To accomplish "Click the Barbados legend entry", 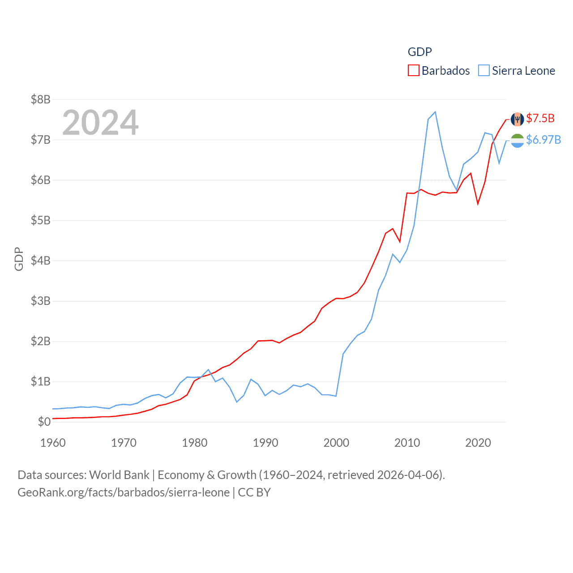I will (439, 71).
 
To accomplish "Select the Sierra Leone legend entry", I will (517, 71).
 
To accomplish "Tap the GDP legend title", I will (419, 52).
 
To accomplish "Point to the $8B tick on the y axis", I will (40, 99).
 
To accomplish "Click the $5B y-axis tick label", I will (40, 220).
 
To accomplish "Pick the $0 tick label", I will (44, 422).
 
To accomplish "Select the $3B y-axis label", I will (40, 301).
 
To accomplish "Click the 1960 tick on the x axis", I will (53, 443).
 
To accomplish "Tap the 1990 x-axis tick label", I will (265, 443).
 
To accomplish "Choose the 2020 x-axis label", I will (478, 443).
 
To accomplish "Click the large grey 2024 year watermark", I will (100, 122).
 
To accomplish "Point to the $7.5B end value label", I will (540, 118).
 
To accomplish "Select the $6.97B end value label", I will (543, 140).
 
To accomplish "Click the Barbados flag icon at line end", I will (517, 120).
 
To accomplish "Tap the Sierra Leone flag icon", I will (517, 141).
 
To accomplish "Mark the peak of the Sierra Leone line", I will (435, 112).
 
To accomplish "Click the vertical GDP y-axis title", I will (19, 259).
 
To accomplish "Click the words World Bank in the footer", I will (119, 475).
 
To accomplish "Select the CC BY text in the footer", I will (254, 492).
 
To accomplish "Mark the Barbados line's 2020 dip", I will (478, 204).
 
